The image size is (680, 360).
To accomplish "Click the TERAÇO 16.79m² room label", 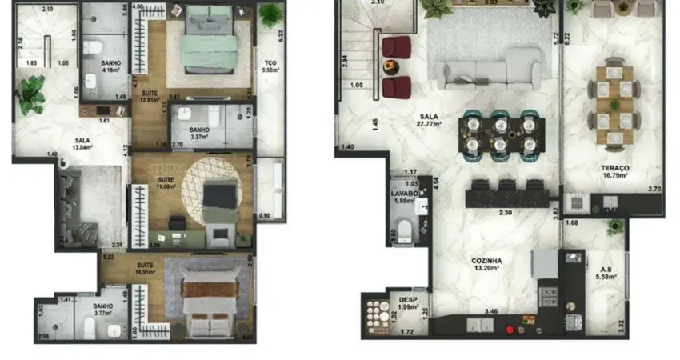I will click(614, 171).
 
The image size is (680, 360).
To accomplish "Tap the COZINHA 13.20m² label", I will click(486, 264).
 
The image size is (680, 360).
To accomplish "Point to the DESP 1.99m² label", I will click(407, 304).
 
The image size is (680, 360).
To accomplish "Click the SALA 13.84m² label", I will click(82, 144).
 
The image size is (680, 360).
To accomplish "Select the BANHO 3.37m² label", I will click(199, 134).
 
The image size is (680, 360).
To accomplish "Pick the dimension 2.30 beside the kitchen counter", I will click(506, 213).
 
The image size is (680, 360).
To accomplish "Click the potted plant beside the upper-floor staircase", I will click(437, 8).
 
